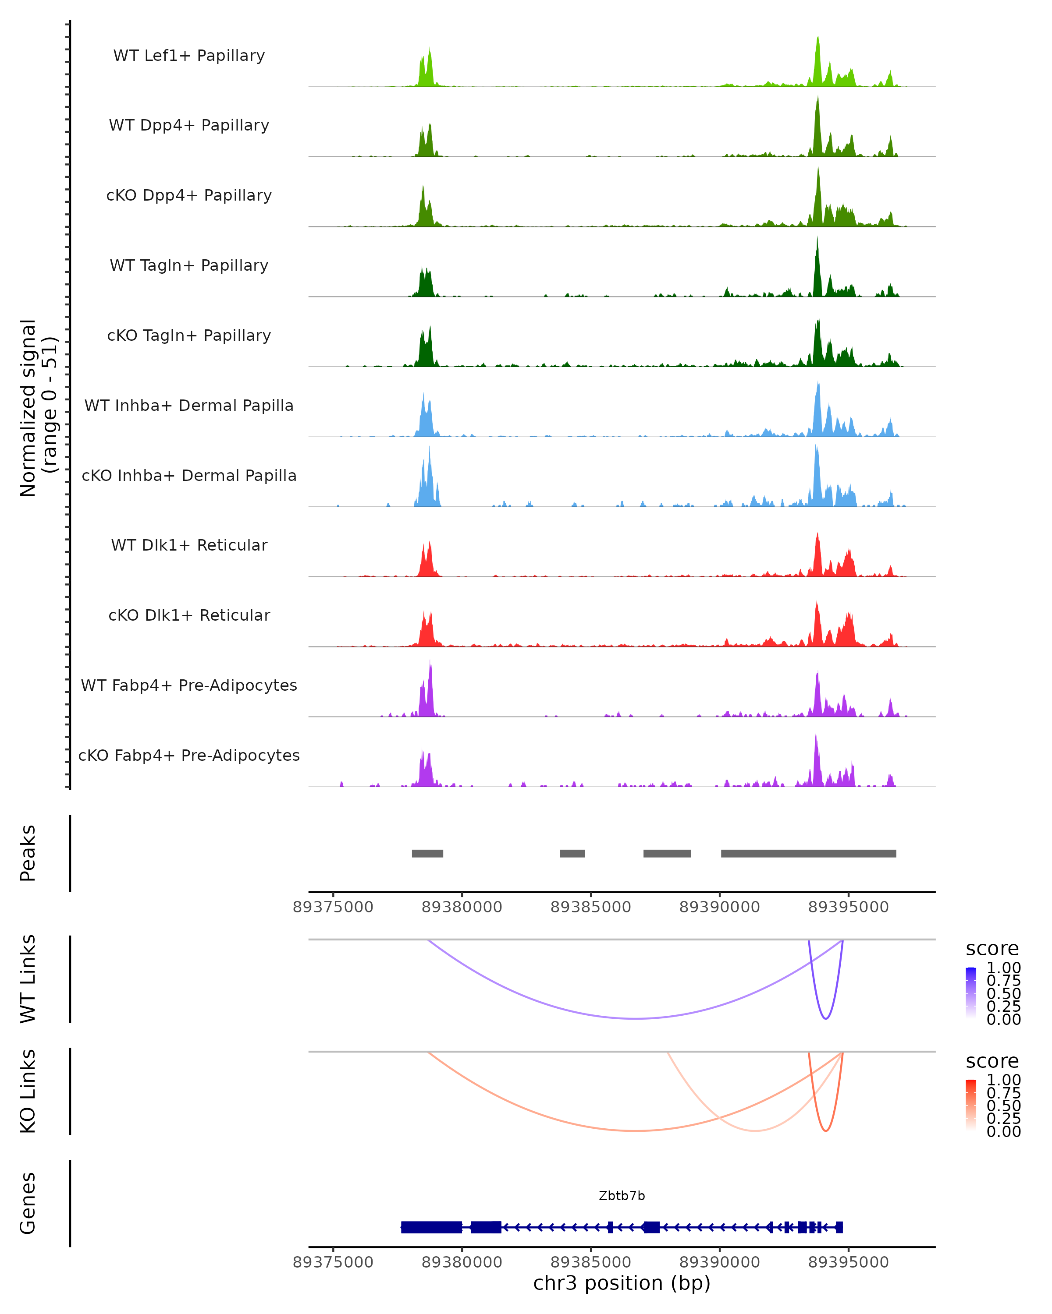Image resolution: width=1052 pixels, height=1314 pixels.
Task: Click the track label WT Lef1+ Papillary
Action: click(189, 56)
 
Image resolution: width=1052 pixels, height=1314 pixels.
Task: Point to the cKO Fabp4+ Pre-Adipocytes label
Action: click(189, 755)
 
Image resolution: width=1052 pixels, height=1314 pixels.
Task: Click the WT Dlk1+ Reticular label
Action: click(189, 545)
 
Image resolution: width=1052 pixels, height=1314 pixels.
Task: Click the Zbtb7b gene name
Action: click(622, 1196)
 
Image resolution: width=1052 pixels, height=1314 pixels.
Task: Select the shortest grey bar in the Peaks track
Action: click(572, 853)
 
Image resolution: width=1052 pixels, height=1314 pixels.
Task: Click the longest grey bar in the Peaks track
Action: click(808, 853)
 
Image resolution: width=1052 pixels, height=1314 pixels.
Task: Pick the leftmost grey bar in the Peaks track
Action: click(427, 853)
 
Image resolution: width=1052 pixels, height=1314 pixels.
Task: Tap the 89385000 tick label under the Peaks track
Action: click(590, 907)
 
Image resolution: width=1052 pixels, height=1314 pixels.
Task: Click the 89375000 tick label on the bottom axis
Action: click(333, 1262)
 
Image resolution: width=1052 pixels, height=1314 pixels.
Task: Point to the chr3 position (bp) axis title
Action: click(622, 1283)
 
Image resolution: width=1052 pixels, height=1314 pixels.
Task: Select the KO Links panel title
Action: click(28, 1091)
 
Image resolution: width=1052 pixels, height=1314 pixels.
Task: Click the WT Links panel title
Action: click(28, 979)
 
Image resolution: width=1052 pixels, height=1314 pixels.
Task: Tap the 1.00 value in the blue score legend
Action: click(1003, 968)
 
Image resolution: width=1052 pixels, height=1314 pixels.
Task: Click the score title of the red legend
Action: click(992, 1061)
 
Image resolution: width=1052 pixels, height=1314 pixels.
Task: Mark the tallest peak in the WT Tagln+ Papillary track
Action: click(817, 239)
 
